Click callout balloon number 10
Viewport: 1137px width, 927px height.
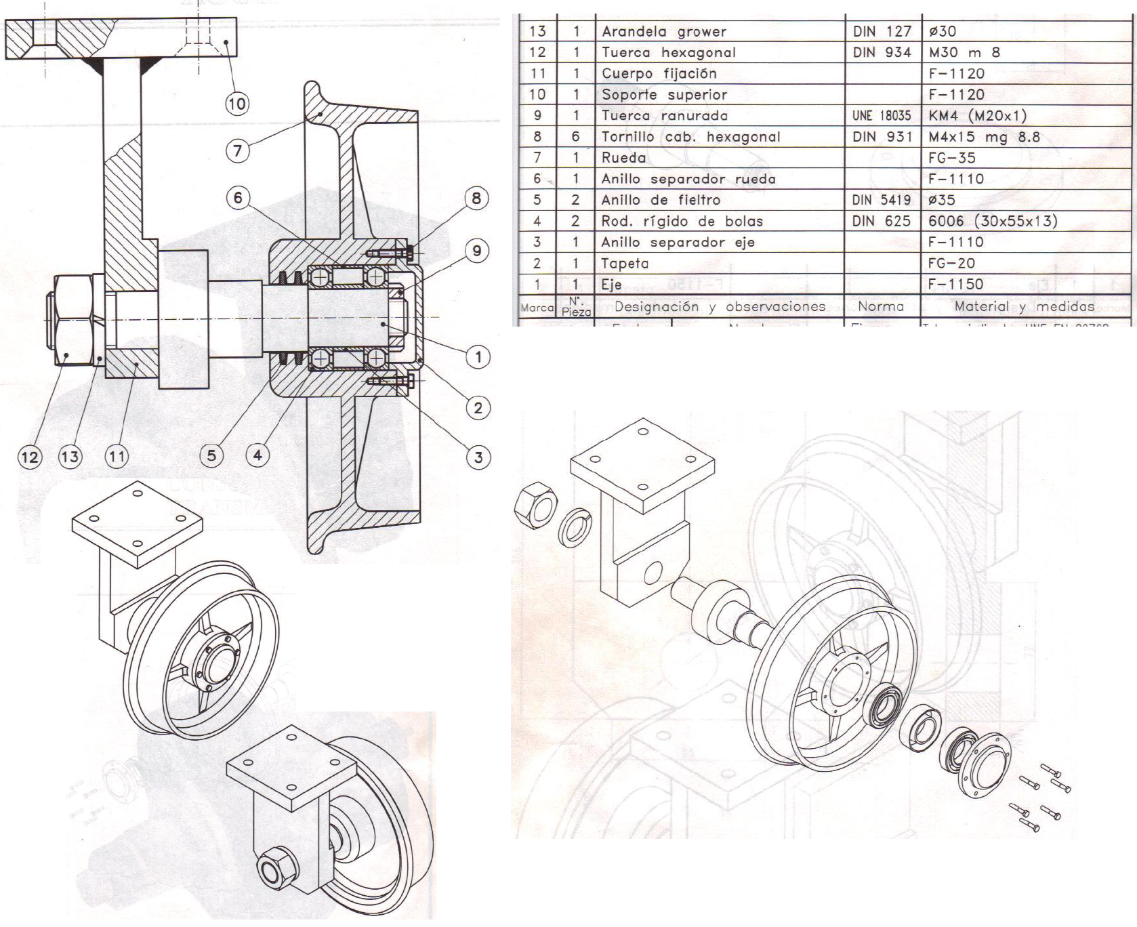coord(236,104)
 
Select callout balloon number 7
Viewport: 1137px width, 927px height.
coord(237,150)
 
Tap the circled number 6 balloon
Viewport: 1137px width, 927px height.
coord(237,198)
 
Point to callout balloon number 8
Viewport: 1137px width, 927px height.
coord(476,198)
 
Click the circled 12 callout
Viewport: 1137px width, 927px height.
coord(29,456)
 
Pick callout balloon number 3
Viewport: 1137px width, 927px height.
coord(478,457)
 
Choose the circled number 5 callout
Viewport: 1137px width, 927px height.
coord(211,455)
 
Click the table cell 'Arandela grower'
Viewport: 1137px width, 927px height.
coord(663,31)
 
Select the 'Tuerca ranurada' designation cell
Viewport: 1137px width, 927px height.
coord(664,116)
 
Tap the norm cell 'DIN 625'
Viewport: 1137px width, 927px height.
coord(881,221)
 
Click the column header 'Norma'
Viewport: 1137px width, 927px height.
coord(881,306)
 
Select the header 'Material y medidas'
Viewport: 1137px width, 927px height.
coord(1024,306)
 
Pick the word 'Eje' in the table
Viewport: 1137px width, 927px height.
coord(611,285)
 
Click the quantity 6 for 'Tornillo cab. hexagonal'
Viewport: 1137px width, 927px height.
coord(575,137)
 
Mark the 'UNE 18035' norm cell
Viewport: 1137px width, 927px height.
coord(881,116)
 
